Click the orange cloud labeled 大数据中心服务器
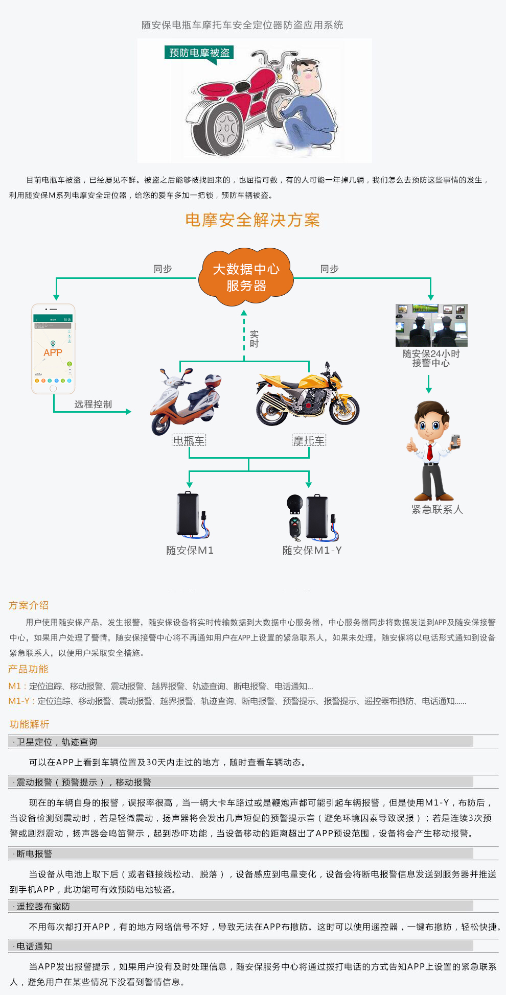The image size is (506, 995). [x=246, y=277]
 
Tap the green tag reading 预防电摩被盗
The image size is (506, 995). [x=199, y=53]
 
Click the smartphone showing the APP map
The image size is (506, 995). [x=53, y=349]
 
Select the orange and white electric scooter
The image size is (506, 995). [x=186, y=401]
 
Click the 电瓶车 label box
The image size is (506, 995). [x=189, y=440]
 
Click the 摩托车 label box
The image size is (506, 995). [x=309, y=440]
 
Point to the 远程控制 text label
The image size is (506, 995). [x=93, y=405]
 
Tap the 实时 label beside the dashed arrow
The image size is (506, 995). [x=254, y=339]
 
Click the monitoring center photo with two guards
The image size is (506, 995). [x=431, y=325]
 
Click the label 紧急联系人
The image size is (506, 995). [x=437, y=509]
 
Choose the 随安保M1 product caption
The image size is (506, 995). [x=190, y=550]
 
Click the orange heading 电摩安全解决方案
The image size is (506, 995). [x=252, y=220]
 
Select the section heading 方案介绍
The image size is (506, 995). [x=29, y=605]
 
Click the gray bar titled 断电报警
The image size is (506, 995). [x=240, y=854]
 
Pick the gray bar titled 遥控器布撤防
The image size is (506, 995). [x=240, y=906]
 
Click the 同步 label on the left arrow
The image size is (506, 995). [x=163, y=269]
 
